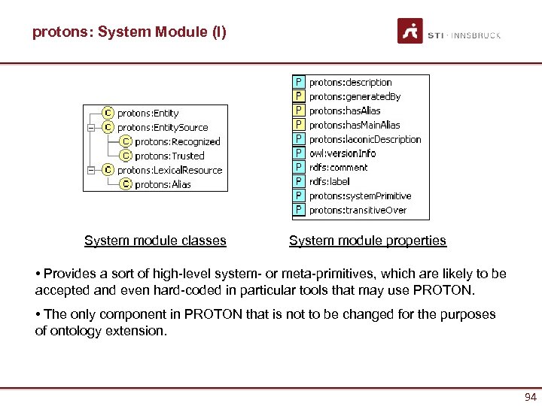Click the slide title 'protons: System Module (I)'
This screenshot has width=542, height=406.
point(129,32)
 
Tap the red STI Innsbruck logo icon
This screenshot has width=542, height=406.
point(410,32)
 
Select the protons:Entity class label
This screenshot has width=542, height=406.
point(148,114)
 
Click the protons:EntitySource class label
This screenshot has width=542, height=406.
point(163,128)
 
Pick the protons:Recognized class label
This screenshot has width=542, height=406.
point(178,141)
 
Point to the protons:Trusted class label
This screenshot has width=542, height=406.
point(169,156)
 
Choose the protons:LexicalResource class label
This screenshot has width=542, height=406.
point(170,170)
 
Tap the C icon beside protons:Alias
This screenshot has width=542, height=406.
point(126,183)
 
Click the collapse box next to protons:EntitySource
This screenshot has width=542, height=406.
point(90,128)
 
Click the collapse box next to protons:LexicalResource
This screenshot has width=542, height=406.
point(90,170)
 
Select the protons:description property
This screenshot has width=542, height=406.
point(351,83)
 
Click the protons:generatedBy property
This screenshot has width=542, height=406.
point(355,96)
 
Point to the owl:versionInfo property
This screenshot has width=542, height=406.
point(343,153)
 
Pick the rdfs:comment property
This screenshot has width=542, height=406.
point(339,168)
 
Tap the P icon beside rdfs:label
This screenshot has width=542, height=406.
point(299,181)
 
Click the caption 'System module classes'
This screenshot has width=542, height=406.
point(155,241)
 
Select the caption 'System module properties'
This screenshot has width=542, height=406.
point(367,241)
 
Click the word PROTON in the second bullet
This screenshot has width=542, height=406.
point(220,314)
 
